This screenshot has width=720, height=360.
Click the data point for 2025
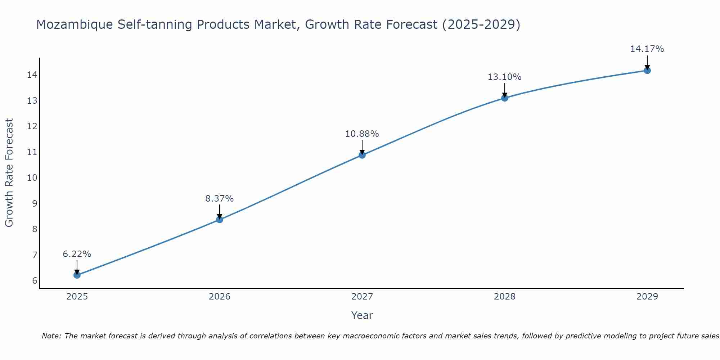(x=77, y=275)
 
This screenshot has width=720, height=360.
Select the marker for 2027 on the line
(x=362, y=155)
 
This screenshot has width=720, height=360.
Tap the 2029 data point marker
(x=647, y=71)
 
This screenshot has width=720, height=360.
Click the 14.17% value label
(x=647, y=49)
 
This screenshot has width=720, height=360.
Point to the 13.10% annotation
(x=504, y=77)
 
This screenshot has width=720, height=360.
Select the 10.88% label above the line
(x=362, y=134)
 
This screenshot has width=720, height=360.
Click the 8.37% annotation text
(x=219, y=199)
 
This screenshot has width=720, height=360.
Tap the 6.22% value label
(x=77, y=254)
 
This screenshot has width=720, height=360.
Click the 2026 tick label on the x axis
(x=220, y=297)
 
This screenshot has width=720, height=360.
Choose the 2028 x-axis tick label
(x=504, y=297)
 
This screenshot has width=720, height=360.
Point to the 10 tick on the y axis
(x=32, y=178)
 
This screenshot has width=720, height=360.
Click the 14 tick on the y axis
(x=32, y=75)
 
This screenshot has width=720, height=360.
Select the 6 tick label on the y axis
(x=35, y=281)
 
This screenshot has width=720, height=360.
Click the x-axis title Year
(x=362, y=315)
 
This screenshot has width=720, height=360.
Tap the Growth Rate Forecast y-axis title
(x=9, y=173)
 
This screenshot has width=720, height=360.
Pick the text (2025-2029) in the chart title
(x=481, y=25)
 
